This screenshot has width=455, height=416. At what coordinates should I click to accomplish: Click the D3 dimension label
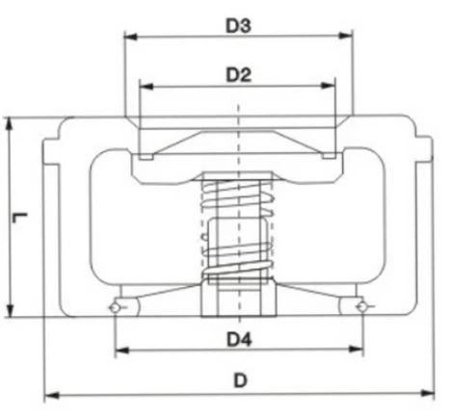(239, 27)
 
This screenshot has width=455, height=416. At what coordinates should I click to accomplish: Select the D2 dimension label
(239, 74)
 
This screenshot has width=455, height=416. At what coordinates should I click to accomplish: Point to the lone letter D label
(240, 379)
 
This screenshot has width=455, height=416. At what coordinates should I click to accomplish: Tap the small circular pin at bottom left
(116, 307)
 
